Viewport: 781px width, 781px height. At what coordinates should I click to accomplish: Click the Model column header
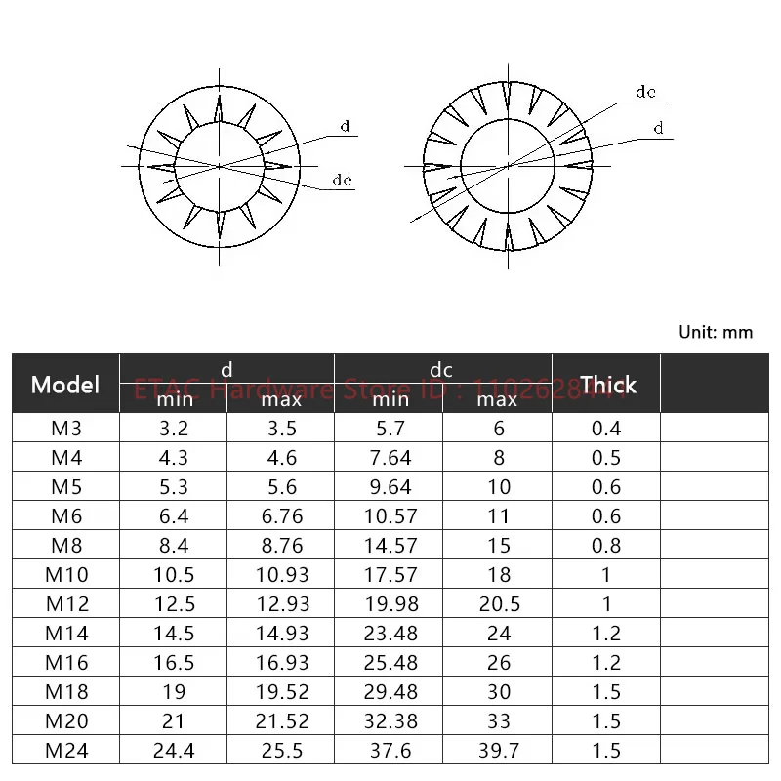[65, 384]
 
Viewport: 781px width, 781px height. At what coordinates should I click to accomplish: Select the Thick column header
[607, 384]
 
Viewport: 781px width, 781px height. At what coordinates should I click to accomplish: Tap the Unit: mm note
[716, 332]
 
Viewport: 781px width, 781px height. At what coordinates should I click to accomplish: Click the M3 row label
[65, 428]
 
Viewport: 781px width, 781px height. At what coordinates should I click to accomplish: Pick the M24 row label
[65, 750]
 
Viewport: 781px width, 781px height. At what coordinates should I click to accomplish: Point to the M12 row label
[65, 603]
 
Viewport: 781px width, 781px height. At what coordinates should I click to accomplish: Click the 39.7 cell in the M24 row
[498, 750]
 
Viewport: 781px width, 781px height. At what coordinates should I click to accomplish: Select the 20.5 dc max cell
[498, 603]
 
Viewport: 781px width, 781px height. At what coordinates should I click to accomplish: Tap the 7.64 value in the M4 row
[389, 457]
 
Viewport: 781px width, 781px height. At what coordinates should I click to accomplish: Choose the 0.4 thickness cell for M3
[606, 428]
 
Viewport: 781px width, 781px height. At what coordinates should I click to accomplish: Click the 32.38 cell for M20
[389, 720]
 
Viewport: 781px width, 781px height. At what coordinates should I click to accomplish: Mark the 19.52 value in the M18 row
[280, 691]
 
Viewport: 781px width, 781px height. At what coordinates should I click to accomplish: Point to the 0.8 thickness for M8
[606, 545]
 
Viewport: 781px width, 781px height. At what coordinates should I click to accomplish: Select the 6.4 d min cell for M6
[173, 515]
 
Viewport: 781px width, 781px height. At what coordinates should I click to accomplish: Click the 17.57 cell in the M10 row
[389, 574]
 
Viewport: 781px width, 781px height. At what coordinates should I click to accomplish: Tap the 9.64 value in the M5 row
[389, 486]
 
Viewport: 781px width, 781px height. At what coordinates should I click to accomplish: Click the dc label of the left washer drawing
[342, 180]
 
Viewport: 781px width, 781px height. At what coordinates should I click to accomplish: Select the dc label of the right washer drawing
[645, 93]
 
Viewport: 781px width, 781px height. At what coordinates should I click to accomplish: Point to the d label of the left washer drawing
[345, 127]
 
